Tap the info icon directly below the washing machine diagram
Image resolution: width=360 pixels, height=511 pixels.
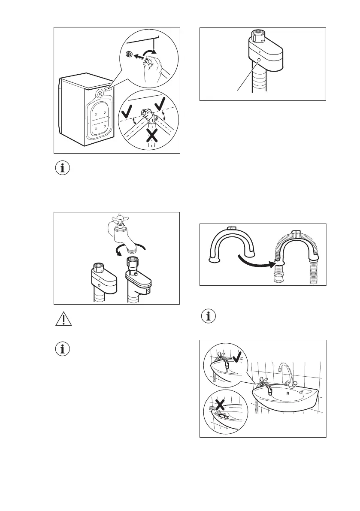click(63, 168)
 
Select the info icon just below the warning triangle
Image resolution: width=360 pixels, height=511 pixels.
click(63, 349)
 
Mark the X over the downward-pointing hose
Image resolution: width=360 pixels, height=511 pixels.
click(151, 136)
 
